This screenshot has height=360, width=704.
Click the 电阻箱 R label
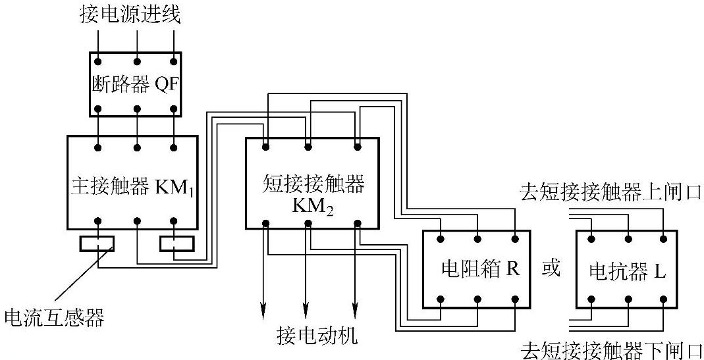[476, 270]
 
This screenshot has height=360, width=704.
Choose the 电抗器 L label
[628, 270]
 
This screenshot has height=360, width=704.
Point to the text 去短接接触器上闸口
[611, 192]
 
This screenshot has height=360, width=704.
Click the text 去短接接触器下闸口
[611, 350]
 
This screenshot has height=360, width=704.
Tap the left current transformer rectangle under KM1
[97, 244]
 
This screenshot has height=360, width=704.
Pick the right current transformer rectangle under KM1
[176, 244]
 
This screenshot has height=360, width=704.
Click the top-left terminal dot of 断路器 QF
[97, 62]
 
